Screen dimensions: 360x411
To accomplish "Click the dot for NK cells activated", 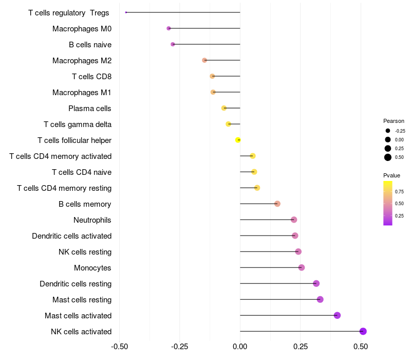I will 363,331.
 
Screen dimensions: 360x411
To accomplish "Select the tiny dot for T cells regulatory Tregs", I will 126,12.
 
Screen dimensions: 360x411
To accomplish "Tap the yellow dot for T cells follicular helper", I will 238,140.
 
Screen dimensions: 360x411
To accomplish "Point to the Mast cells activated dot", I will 337,315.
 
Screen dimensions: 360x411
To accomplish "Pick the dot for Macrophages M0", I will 169,28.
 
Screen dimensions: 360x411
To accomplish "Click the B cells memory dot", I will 277,204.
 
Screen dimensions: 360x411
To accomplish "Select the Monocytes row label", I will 92,268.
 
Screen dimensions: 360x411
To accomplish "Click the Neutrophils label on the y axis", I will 92,220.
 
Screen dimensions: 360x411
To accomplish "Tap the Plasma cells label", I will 90,109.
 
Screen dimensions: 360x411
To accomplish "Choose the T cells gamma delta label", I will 78,124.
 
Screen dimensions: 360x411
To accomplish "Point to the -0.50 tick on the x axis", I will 119,347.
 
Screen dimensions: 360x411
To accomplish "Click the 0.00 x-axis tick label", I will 240,347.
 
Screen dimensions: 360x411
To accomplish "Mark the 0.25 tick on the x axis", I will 300,347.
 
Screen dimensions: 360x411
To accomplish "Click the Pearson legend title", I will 394,121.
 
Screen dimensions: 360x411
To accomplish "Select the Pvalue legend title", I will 392,175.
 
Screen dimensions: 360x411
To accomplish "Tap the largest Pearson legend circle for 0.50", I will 388,157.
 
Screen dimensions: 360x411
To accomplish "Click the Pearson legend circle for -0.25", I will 388,131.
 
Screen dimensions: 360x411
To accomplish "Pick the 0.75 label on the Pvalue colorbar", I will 399,191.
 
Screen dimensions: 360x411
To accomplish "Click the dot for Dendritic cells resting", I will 316,283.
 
